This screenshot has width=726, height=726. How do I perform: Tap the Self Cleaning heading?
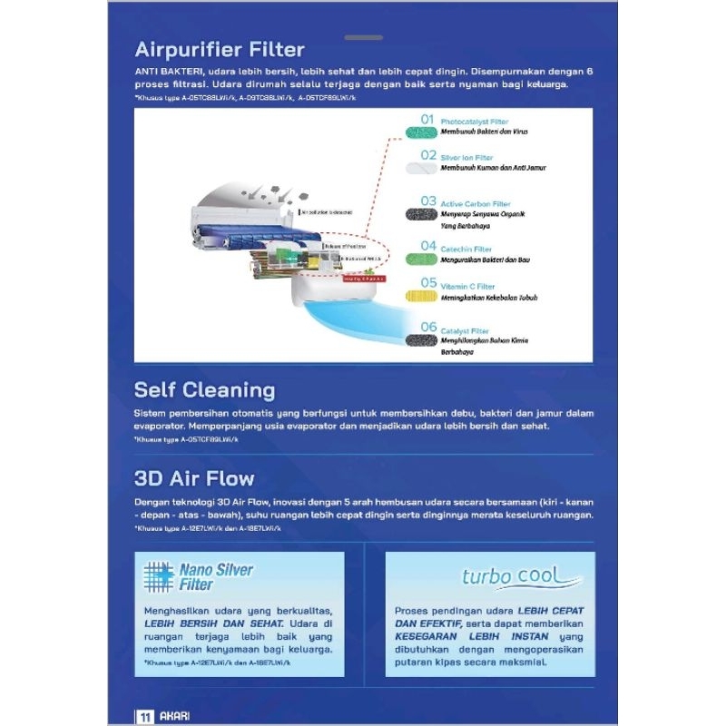[204, 390]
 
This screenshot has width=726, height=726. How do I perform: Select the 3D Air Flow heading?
[194, 477]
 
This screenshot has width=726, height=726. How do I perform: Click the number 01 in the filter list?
[427, 120]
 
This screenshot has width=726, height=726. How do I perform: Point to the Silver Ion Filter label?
[466, 158]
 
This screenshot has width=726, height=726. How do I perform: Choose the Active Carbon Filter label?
[475, 204]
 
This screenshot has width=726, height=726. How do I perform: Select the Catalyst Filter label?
[465, 331]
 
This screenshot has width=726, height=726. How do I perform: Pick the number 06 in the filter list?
[427, 328]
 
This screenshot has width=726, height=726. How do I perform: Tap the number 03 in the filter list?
[427, 201]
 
